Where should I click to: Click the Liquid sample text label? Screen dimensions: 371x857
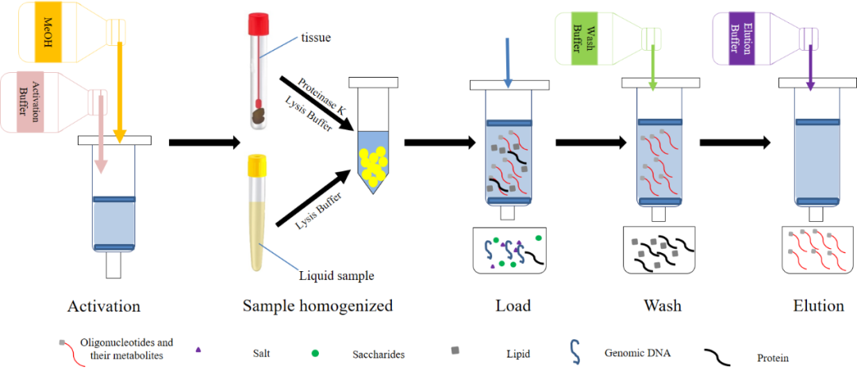[x=336, y=276]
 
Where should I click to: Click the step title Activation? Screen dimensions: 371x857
[x=104, y=306]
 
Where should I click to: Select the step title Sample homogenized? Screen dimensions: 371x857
[x=317, y=306]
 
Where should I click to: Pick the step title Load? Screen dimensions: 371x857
[x=513, y=306]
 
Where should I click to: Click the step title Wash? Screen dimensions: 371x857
[x=663, y=306]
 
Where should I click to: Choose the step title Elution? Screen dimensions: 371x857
[x=818, y=306]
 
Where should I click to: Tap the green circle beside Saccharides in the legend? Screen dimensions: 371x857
[x=315, y=352]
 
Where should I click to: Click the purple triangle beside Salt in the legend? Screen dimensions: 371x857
[x=198, y=350]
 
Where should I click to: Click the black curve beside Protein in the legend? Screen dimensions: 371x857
[x=720, y=356]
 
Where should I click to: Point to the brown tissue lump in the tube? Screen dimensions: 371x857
[x=259, y=116]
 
